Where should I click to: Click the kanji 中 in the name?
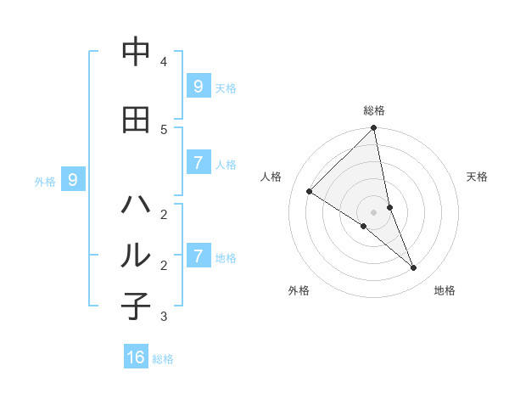point(136,53)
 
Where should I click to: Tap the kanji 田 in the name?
point(136,120)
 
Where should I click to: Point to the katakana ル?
point(136,256)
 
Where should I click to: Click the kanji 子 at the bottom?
point(136,306)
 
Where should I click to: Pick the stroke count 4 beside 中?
point(164,62)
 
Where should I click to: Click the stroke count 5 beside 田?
point(164,129)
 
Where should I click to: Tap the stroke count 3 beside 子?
point(164,317)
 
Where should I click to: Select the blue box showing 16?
point(136,357)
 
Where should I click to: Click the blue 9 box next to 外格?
point(73,180)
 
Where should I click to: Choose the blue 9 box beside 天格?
point(198,87)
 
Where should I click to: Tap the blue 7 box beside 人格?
point(198,163)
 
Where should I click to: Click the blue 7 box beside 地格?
point(198,256)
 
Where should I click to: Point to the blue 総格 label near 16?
point(163,359)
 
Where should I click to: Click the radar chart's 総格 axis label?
point(374,110)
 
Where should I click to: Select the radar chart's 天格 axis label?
point(477,177)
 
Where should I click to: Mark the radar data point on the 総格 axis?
point(374,128)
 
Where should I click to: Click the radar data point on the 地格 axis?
point(414,268)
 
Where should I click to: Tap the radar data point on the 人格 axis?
point(310,192)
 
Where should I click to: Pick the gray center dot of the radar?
point(374,211)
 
